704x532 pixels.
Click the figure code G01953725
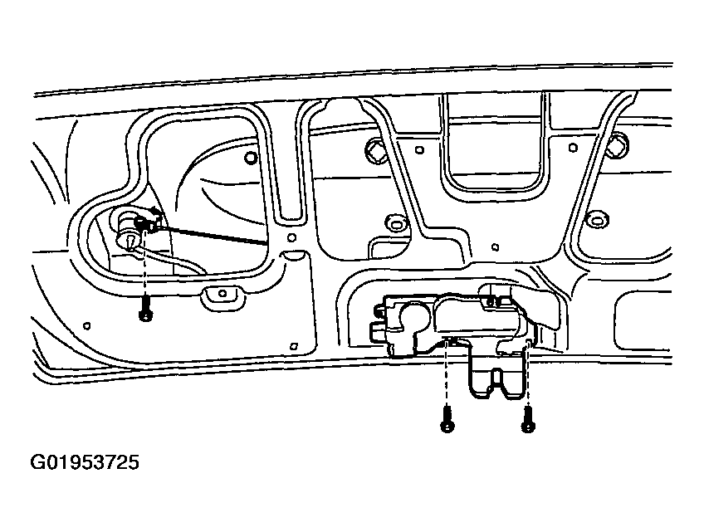tap(85, 462)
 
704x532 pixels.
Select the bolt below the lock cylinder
tap(144, 310)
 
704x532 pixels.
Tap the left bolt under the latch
tap(447, 419)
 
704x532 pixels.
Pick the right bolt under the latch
tap(528, 419)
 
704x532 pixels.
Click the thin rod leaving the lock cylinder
tap(212, 236)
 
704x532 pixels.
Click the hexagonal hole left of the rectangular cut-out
tap(376, 149)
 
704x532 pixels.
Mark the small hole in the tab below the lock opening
tap(222, 294)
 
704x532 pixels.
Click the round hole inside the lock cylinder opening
tap(250, 158)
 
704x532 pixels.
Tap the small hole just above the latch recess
tap(496, 247)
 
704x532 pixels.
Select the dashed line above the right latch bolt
tap(528, 373)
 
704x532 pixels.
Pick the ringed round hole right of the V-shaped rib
tap(596, 221)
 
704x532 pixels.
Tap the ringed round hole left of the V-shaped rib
tap(396, 223)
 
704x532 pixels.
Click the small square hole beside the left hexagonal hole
tap(419, 150)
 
